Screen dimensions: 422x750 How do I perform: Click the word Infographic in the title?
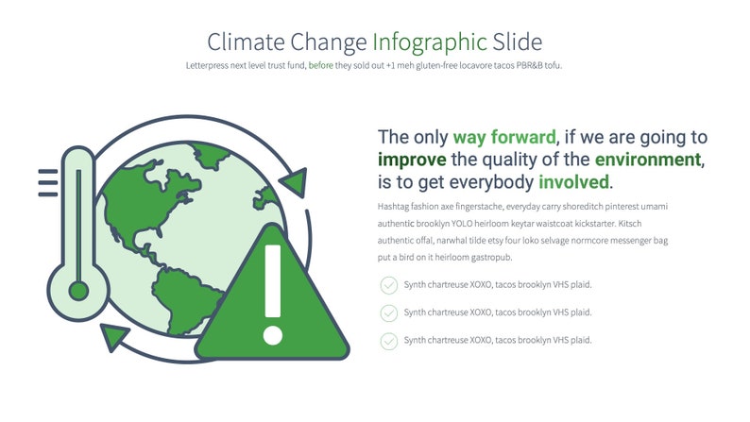pyautogui.click(x=430, y=42)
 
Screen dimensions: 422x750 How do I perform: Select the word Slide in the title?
pyautogui.click(x=517, y=42)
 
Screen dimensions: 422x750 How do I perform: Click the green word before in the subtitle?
pyautogui.click(x=320, y=65)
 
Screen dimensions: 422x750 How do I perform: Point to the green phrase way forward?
pyautogui.click(x=504, y=136)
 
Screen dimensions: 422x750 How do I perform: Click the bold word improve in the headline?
pyautogui.click(x=413, y=159)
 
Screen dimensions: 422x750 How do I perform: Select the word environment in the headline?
pyautogui.click(x=648, y=159)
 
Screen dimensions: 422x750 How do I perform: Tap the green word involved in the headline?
pyautogui.click(x=574, y=181)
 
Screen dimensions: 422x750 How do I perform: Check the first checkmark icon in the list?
pyautogui.click(x=388, y=285)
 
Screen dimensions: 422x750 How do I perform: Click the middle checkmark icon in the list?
pyautogui.click(x=388, y=312)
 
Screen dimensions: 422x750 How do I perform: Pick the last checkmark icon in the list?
pyautogui.click(x=388, y=340)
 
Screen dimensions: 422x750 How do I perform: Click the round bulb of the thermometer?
pyautogui.click(x=78, y=290)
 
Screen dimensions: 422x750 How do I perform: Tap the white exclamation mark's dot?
pyautogui.click(x=273, y=334)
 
